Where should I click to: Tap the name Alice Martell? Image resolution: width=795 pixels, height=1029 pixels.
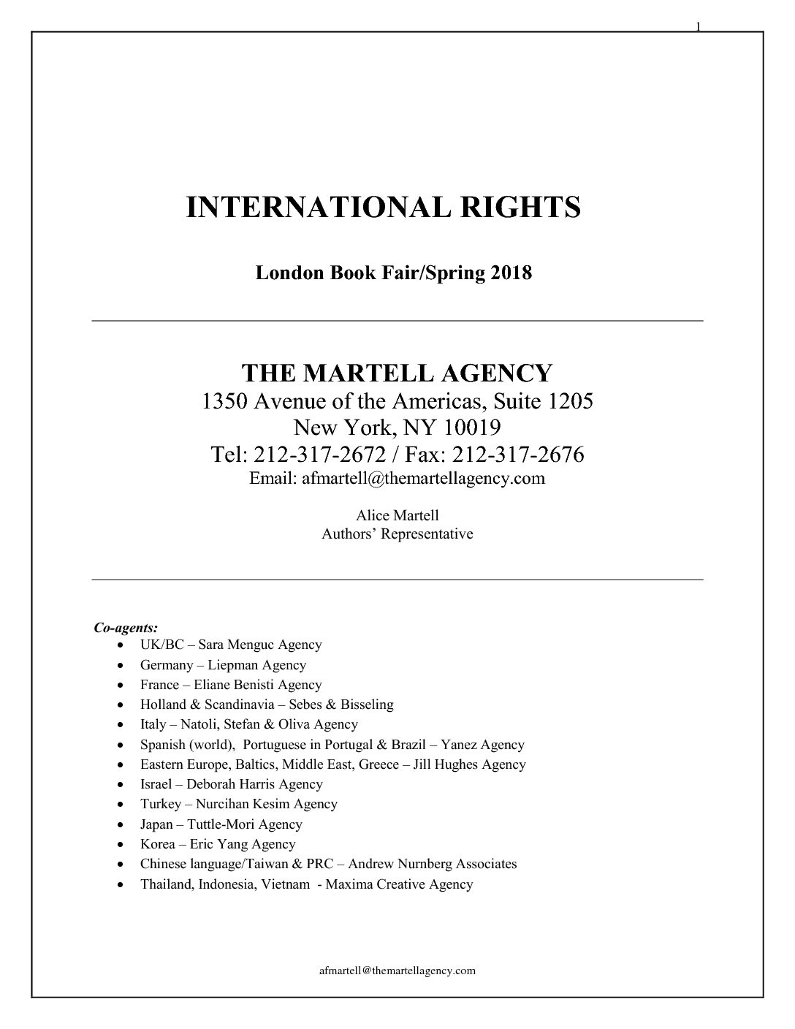(397, 515)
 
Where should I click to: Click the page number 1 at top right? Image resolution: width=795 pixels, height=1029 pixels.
(698, 27)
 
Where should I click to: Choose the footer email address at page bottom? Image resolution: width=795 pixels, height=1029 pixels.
(397, 970)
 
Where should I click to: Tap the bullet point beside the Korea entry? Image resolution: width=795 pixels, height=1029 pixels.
(121, 844)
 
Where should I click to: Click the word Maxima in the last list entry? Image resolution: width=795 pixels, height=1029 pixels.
(349, 884)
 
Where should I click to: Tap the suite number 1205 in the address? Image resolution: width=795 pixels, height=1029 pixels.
(566, 401)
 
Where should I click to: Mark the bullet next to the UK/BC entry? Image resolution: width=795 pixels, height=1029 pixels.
(121, 645)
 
